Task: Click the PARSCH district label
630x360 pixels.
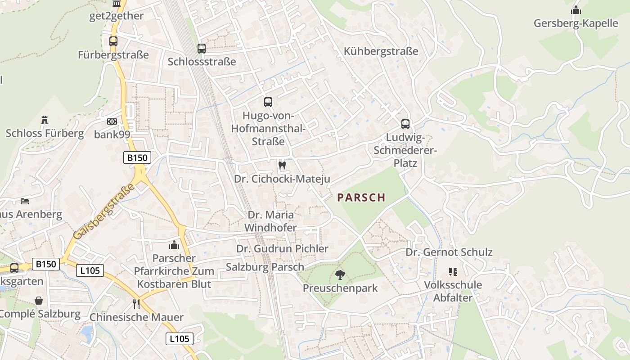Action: (x=361, y=198)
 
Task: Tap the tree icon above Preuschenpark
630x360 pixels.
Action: (x=340, y=274)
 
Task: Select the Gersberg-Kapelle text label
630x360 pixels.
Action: (x=576, y=23)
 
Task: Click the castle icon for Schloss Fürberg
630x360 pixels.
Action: (x=45, y=120)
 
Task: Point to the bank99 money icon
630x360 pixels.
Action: (x=112, y=121)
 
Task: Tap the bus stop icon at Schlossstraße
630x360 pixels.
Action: (x=202, y=48)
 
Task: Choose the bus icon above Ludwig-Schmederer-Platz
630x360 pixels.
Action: (x=405, y=124)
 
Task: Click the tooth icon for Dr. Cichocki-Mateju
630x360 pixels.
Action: (x=282, y=165)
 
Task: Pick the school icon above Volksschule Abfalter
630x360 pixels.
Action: (x=453, y=272)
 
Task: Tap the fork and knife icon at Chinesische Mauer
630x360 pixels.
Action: (x=136, y=304)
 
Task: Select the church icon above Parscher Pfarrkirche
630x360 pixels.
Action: (x=174, y=245)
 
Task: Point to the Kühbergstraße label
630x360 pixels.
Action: (x=381, y=51)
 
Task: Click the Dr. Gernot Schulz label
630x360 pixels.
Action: (x=449, y=252)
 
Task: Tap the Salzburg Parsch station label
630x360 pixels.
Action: (x=265, y=267)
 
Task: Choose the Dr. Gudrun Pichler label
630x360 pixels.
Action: (x=282, y=248)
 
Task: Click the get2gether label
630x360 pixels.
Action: (x=117, y=16)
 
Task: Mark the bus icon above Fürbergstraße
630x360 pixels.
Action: (x=113, y=41)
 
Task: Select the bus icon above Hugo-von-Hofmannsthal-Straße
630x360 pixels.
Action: (x=268, y=102)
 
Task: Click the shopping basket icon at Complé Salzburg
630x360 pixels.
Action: (x=39, y=301)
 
